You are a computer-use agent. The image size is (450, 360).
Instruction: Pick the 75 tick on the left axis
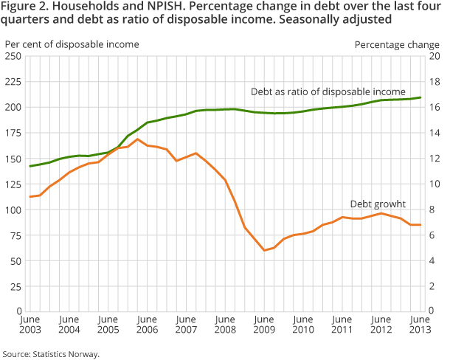(x=15, y=235)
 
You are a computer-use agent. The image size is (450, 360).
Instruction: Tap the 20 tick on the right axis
(x=435, y=56)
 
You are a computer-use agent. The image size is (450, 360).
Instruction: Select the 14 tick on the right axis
(x=435, y=133)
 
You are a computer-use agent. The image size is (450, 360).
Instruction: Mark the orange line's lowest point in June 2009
(x=264, y=251)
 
